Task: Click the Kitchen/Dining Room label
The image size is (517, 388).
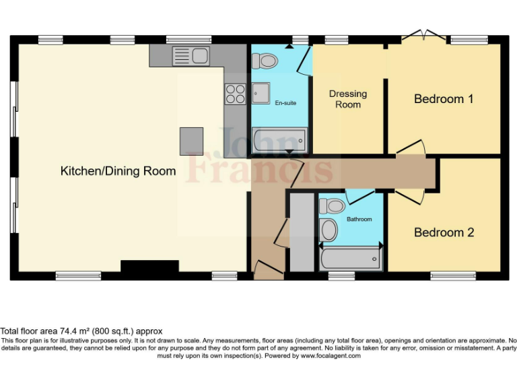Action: (x=118, y=171)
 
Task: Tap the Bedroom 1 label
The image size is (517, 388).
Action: (x=444, y=99)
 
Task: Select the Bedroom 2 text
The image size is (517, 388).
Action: (x=444, y=232)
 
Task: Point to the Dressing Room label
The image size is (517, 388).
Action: (x=348, y=99)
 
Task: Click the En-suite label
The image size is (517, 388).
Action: (x=285, y=103)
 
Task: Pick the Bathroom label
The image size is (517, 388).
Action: (x=359, y=219)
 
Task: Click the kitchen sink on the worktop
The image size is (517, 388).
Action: (x=191, y=55)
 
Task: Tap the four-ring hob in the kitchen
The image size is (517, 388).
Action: (x=235, y=94)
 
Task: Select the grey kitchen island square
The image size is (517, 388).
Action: (x=191, y=141)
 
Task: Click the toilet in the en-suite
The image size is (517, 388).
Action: (x=265, y=61)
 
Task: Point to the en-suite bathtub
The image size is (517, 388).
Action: (x=279, y=141)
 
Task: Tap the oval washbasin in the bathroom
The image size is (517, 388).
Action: (x=329, y=230)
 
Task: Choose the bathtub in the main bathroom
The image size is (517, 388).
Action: (x=350, y=259)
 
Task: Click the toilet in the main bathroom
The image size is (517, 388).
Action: (x=332, y=205)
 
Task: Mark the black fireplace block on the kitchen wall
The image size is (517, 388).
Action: (x=149, y=267)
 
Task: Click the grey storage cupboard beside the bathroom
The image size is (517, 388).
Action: (x=302, y=232)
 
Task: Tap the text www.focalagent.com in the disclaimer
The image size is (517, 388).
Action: (x=331, y=356)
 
